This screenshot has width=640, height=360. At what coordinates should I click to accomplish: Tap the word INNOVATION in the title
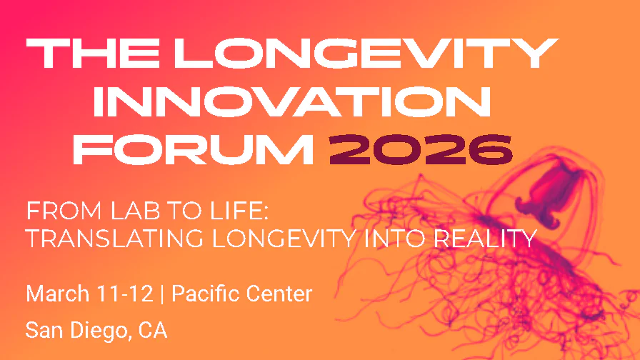[x=292, y=101]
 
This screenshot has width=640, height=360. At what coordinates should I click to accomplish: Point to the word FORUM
[x=194, y=148]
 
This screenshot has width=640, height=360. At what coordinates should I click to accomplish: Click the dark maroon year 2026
[x=421, y=148]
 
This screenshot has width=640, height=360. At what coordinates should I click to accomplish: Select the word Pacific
[x=206, y=294]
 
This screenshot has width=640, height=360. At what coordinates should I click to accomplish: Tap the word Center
[x=280, y=294]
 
